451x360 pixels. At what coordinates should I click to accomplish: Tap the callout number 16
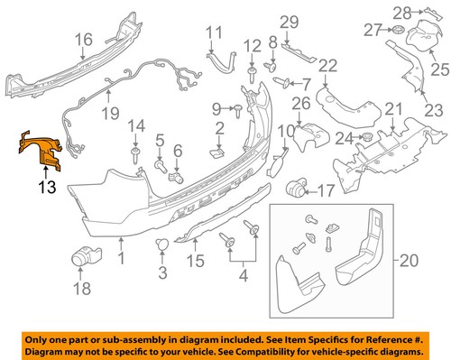coord(83,39)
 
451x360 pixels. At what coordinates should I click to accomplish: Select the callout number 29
coord(288,22)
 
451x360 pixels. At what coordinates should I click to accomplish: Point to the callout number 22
coord(327,64)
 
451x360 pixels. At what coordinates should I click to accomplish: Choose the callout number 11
coord(213,33)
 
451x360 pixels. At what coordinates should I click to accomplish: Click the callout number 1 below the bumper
coord(123,258)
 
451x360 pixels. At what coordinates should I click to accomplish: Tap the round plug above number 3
coord(163,245)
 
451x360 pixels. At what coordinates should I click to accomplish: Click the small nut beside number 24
coord(367,137)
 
